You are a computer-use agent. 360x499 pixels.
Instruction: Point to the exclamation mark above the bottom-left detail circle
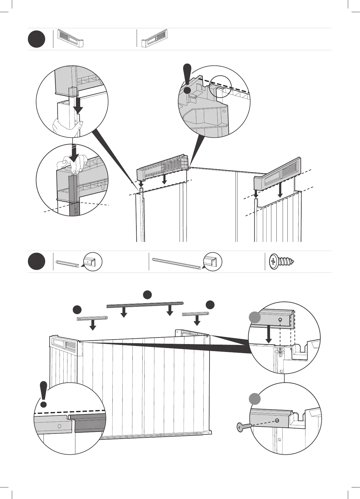(43, 394)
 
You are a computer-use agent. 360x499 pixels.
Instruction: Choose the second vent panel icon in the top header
(155, 38)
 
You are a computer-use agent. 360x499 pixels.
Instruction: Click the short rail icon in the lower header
(67, 262)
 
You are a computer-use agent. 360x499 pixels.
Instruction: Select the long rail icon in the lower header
(176, 262)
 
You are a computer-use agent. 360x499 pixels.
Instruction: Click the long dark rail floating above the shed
(145, 304)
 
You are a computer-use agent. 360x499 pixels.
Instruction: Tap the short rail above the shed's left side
(92, 318)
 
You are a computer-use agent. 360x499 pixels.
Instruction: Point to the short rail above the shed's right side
(196, 313)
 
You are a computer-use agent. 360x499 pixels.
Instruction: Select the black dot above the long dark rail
(147, 294)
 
